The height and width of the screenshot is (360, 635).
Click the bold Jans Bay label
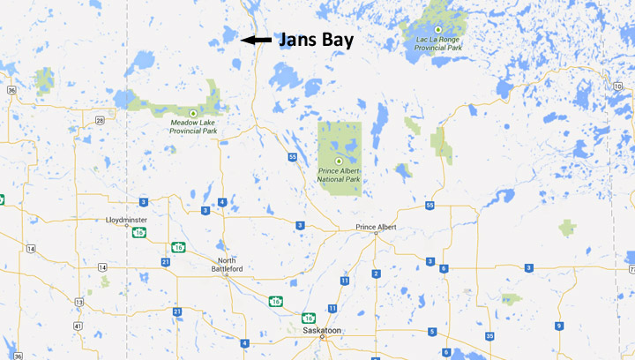tap(317, 40)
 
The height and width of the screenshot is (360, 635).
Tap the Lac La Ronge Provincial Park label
tap(437, 42)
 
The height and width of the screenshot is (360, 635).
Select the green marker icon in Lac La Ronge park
tap(437, 30)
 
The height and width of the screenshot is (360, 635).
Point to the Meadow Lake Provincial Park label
tap(193, 128)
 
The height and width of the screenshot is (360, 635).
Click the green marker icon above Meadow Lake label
tap(192, 114)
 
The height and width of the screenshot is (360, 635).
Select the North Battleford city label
tap(226, 265)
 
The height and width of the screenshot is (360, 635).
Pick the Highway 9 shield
tap(558, 326)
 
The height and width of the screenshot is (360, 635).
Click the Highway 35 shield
tap(489, 335)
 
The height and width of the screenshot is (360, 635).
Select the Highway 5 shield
tap(432, 332)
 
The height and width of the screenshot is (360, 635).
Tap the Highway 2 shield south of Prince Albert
tap(376, 274)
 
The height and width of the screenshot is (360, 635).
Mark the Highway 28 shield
tap(100, 120)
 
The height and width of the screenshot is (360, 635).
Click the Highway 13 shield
tap(78, 302)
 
